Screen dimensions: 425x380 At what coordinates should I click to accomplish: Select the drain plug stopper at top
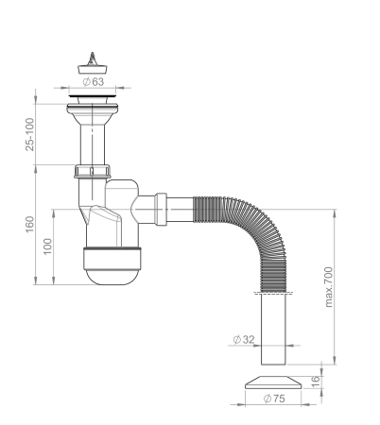pyautogui.click(x=93, y=60)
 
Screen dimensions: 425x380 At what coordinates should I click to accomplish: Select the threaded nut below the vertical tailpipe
pyautogui.click(x=93, y=172)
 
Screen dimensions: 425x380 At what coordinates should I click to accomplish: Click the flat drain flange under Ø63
pyautogui.click(x=93, y=94)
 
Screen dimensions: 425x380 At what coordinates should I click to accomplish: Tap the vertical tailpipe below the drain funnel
pyautogui.click(x=93, y=142)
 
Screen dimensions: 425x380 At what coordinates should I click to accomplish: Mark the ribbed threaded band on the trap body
pyautogui.click(x=112, y=255)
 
